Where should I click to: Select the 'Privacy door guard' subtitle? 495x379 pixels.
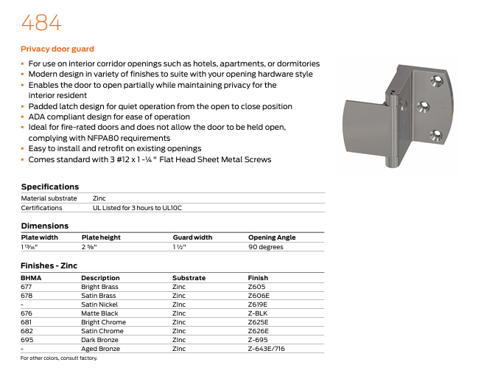(57, 49)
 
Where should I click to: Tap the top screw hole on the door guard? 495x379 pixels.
(432, 82)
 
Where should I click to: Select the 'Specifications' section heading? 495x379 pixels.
(50, 187)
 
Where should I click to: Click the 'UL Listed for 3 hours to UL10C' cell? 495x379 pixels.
(137, 208)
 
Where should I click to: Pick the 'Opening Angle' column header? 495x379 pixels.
(272, 237)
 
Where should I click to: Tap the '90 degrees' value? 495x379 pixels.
(265, 247)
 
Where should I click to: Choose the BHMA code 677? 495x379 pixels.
(27, 287)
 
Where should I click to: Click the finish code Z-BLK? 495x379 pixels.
(259, 313)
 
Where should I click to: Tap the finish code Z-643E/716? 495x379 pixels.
(266, 349)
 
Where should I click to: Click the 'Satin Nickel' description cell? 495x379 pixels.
(100, 305)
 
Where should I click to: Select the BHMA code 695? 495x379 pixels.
(27, 340)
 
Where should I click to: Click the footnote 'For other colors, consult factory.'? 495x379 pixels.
(59, 358)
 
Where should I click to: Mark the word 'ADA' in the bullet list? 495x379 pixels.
(35, 117)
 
